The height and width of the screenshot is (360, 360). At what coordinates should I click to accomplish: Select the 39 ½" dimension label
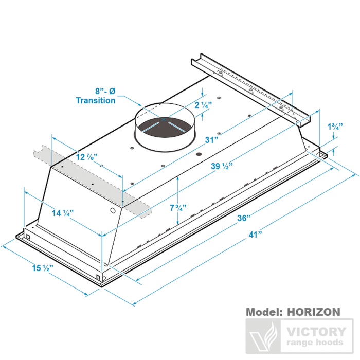click(x=222, y=166)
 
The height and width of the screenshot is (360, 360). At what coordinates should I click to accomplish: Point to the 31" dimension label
click(x=211, y=139)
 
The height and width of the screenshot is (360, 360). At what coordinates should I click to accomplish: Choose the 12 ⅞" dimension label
click(x=85, y=156)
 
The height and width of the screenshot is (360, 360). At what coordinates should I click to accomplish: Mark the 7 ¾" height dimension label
click(x=177, y=208)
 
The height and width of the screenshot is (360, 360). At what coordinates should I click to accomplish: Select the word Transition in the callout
click(x=96, y=101)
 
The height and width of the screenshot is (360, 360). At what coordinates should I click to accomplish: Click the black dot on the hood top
click(x=198, y=154)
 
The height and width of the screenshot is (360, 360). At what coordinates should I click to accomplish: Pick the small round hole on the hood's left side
click(x=113, y=210)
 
